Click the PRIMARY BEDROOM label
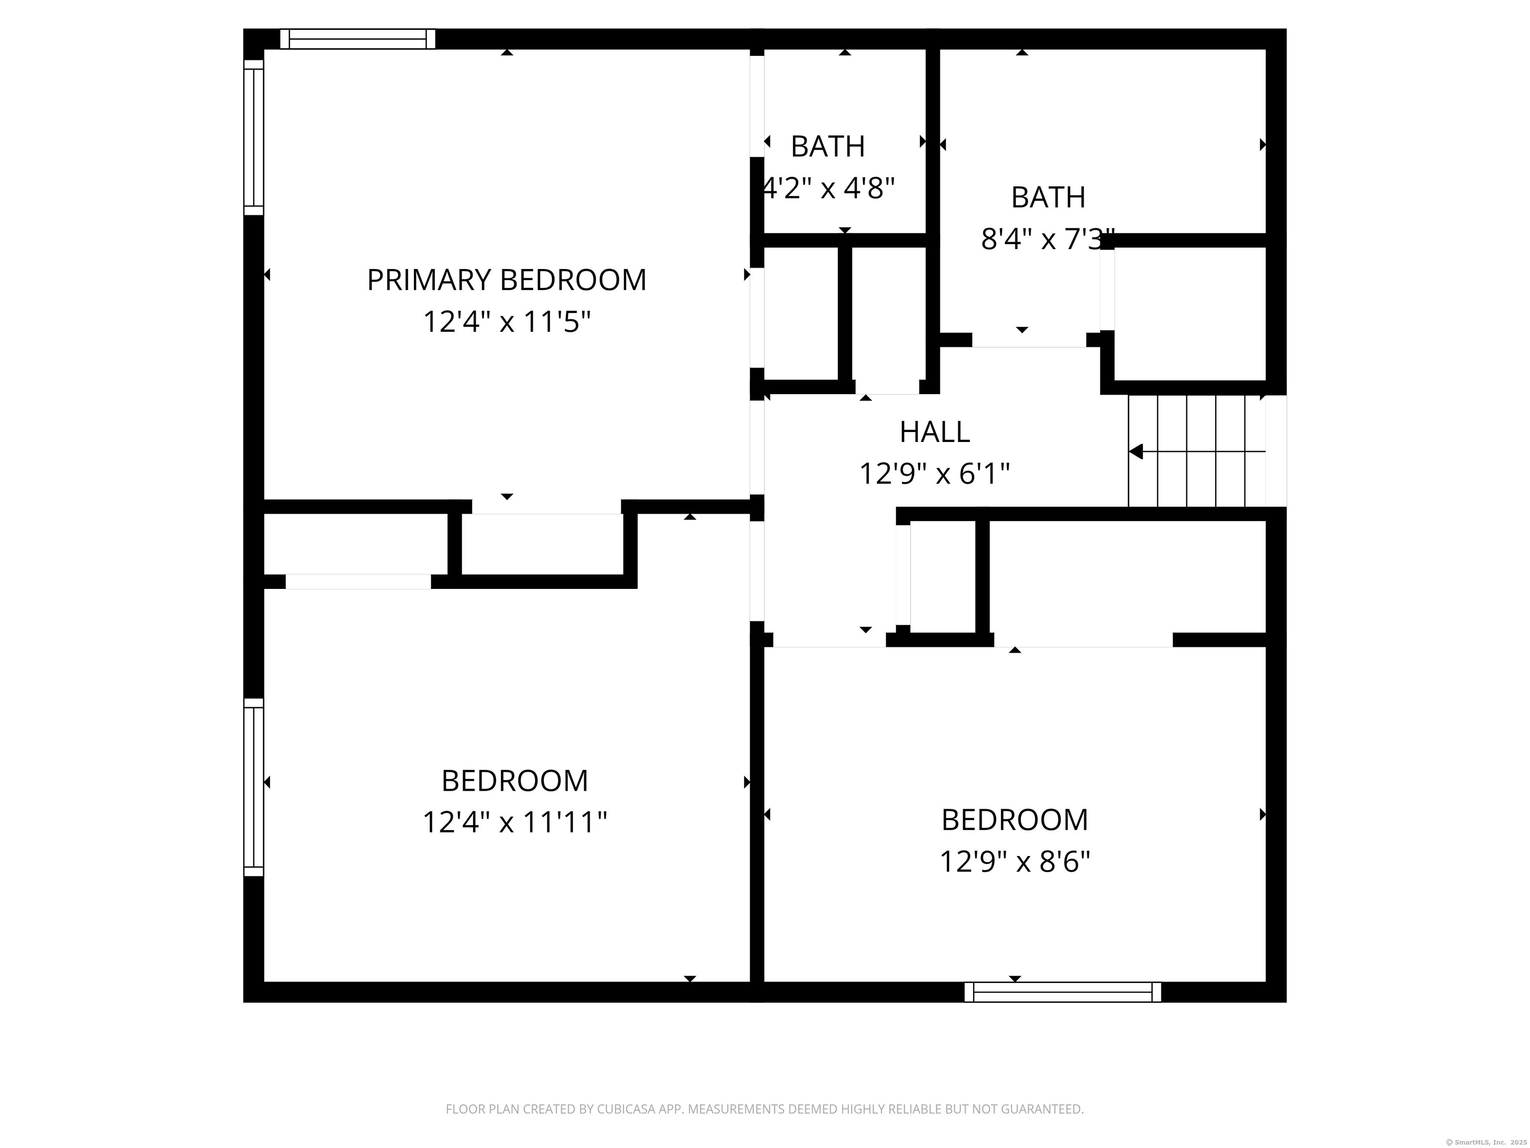click(x=507, y=280)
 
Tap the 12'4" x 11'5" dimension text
click(x=507, y=322)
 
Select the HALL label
click(x=934, y=432)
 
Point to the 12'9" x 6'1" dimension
click(x=934, y=474)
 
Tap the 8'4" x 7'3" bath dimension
click(x=1047, y=240)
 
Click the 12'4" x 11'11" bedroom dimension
click(x=514, y=823)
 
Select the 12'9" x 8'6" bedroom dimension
click(x=1015, y=862)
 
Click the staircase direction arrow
click(x=1137, y=452)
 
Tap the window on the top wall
click(x=358, y=39)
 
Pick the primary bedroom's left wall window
click(x=254, y=137)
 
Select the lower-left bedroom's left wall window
click(x=254, y=787)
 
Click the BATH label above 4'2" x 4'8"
click(x=827, y=146)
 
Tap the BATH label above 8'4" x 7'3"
click(x=1048, y=197)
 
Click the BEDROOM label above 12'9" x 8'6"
click(x=1015, y=820)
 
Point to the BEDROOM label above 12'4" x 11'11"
click(x=514, y=781)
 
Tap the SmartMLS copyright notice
click(x=1486, y=1142)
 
